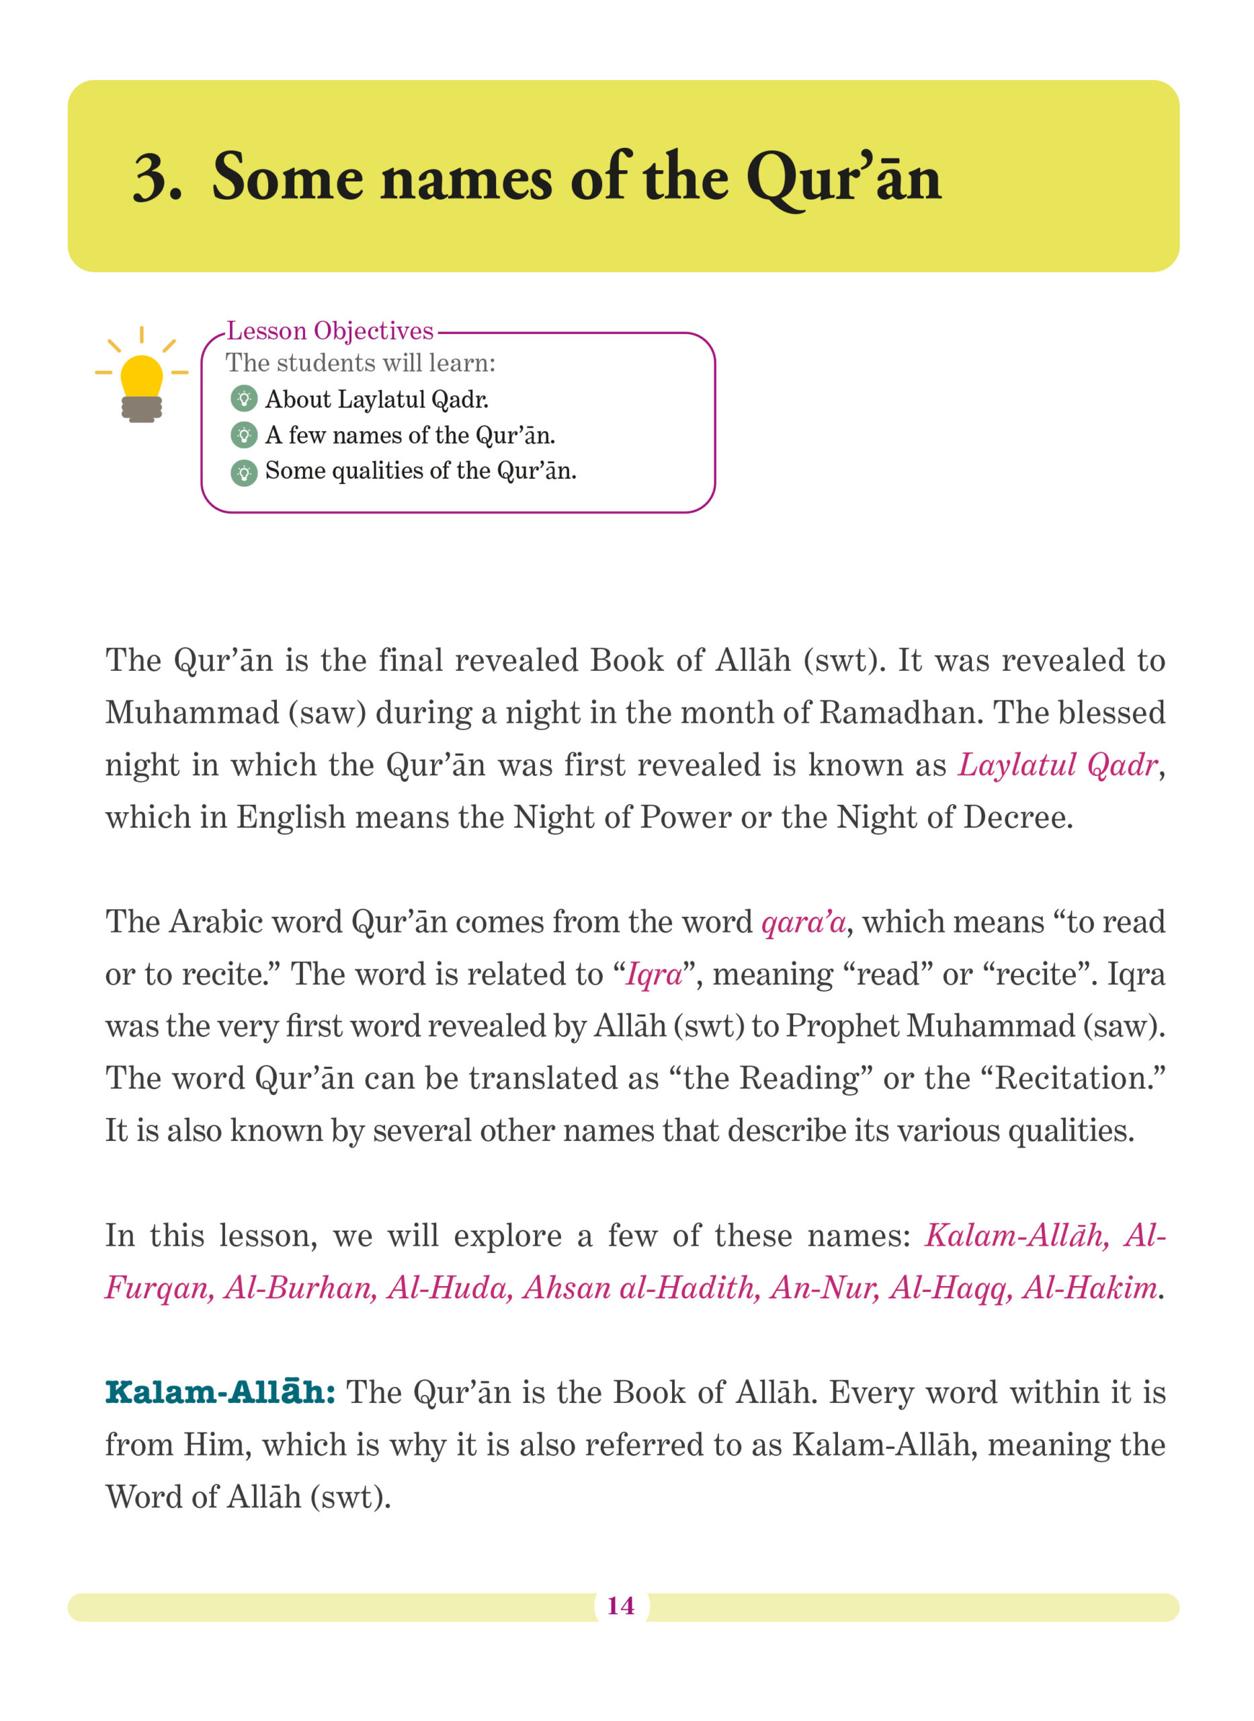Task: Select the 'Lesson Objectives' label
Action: pos(330,331)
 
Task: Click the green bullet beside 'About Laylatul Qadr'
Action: pos(244,399)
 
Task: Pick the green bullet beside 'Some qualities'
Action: pos(244,471)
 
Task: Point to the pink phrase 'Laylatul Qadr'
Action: pos(1057,765)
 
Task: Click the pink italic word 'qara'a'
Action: pos(803,922)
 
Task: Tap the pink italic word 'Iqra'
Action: pos(654,974)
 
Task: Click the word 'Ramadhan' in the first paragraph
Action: pos(901,713)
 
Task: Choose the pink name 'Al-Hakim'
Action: pos(1089,1287)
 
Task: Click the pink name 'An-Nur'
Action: pos(825,1287)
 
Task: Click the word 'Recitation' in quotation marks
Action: pos(1074,1078)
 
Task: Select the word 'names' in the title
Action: pos(466,180)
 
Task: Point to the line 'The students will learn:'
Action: pos(361,363)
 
